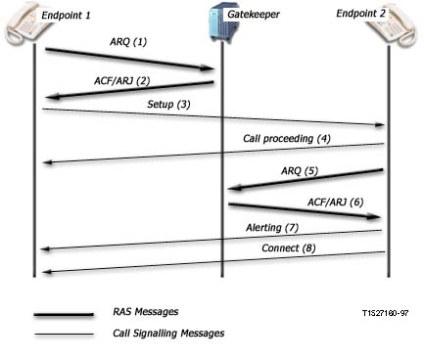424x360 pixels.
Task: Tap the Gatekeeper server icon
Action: tap(219, 22)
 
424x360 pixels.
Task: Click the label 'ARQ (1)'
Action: tap(128, 42)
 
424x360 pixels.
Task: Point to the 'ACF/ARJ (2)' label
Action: tap(122, 80)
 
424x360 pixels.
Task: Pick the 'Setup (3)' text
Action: tap(168, 105)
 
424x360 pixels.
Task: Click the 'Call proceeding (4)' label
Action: tap(287, 139)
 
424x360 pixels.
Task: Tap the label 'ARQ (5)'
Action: tap(300, 170)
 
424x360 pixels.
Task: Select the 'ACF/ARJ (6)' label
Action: tap(336, 202)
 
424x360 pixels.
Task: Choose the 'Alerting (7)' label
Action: tap(272, 227)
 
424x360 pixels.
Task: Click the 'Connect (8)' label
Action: tap(289, 248)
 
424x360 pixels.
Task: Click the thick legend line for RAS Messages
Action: tap(64, 315)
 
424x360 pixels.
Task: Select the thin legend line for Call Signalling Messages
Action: tap(64, 335)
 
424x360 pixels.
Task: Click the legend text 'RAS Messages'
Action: tap(146, 312)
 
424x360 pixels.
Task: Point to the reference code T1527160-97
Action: tap(385, 313)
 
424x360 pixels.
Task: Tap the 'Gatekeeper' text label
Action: tap(254, 15)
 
